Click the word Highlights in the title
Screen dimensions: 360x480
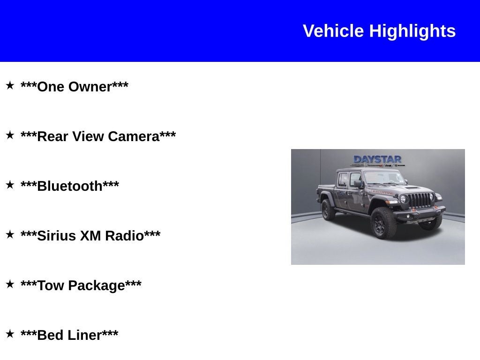pyautogui.click(x=412, y=31)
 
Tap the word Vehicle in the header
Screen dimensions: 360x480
pyautogui.click(x=333, y=31)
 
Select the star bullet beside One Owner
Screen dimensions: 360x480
pyautogui.click(x=10, y=85)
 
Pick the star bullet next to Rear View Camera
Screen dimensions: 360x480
pyautogui.click(x=10, y=135)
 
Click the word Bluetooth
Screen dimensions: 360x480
pyautogui.click(x=69, y=186)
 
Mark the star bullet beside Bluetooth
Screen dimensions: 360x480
pyautogui.click(x=10, y=185)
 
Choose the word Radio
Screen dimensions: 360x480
pyautogui.click(x=124, y=236)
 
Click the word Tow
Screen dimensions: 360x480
pyautogui.click(x=50, y=285)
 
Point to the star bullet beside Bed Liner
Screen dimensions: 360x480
pyautogui.click(x=10, y=334)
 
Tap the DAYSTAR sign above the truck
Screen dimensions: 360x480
pyautogui.click(x=377, y=159)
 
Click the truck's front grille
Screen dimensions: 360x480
pyautogui.click(x=420, y=200)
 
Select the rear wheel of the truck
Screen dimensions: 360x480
pyautogui.click(x=328, y=210)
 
